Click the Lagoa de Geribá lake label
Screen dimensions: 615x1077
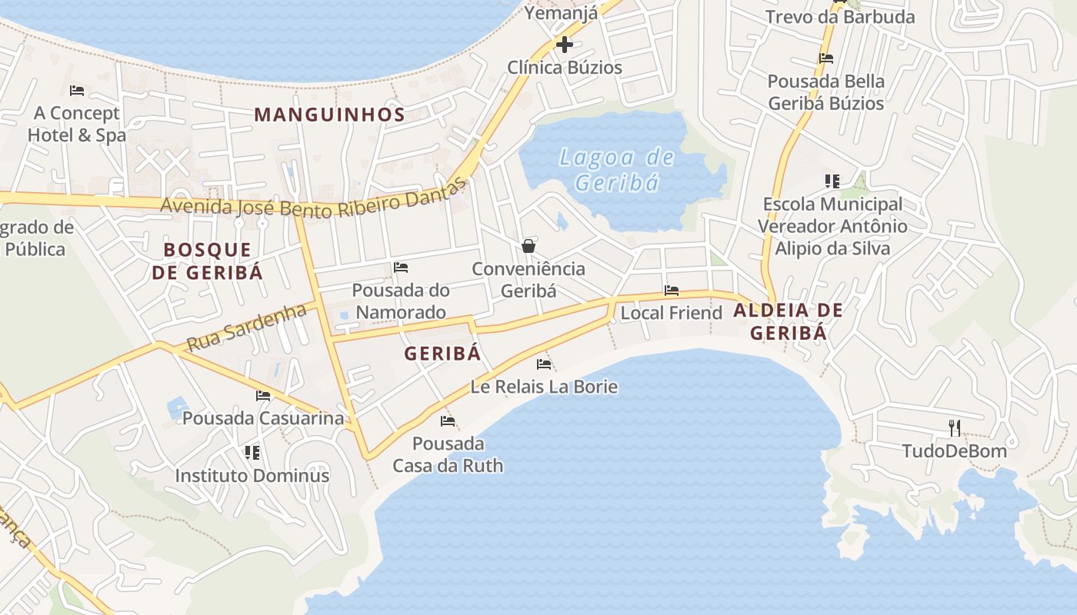pos(617,170)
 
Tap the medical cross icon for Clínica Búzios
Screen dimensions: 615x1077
pos(564,44)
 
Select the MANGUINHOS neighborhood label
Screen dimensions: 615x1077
pos(329,115)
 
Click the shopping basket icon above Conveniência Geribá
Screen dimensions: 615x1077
pos(528,246)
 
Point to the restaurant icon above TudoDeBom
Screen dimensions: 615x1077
pos(954,427)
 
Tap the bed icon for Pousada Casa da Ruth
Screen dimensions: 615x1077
pos(448,421)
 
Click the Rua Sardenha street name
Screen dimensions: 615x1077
pos(246,327)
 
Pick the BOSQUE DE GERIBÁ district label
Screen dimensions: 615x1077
pos(208,261)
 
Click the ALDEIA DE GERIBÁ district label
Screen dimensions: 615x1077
pos(788,321)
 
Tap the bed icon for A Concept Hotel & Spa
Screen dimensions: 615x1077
pos(77,90)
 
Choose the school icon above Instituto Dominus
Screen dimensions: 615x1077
pos(252,453)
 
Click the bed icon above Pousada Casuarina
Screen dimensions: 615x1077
pos(263,396)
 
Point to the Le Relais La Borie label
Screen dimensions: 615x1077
pos(544,386)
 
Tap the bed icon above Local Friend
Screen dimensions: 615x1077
pos(672,291)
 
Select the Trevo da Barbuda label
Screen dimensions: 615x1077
pos(840,17)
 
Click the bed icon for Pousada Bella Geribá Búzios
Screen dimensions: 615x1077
pos(826,58)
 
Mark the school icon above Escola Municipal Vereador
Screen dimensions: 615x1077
pos(832,181)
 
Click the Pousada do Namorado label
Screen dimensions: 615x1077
pos(400,301)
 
